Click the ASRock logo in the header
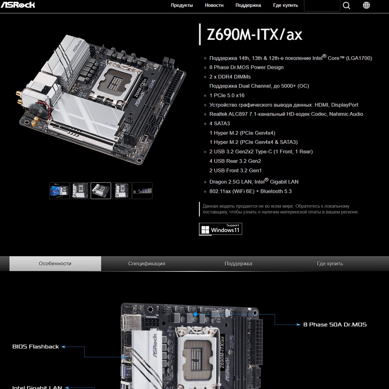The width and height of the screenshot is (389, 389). click(18, 5)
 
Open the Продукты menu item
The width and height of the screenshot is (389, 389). click(182, 5)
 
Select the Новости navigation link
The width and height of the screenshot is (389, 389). click(214, 5)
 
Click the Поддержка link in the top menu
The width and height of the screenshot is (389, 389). click(248, 5)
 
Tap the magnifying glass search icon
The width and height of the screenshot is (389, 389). click(346, 5)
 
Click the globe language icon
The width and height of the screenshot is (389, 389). click(366, 5)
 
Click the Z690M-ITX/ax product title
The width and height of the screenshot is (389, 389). click(255, 35)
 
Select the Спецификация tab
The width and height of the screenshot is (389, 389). click(147, 264)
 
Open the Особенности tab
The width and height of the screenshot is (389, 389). click(55, 264)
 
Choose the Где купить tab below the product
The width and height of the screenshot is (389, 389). click(330, 264)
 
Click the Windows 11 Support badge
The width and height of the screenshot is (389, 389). click(220, 229)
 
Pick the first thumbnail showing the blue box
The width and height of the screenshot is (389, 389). click(59, 191)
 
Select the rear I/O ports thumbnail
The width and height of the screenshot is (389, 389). click(142, 191)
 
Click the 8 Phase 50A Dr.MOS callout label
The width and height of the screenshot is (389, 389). click(335, 324)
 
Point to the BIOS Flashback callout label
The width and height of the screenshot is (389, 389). click(35, 347)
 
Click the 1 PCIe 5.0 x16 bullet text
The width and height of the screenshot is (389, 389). click(227, 95)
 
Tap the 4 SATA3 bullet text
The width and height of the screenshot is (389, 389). click(220, 123)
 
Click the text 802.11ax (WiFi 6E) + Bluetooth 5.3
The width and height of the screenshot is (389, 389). click(250, 191)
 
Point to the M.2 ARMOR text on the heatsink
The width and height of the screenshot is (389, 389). click(111, 125)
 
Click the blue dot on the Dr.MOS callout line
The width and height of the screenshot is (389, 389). click(195, 314)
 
